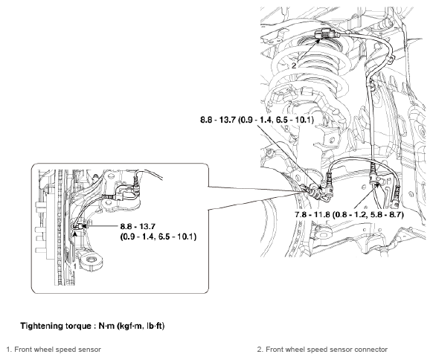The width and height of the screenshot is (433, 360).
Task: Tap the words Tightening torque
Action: (x=57, y=325)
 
